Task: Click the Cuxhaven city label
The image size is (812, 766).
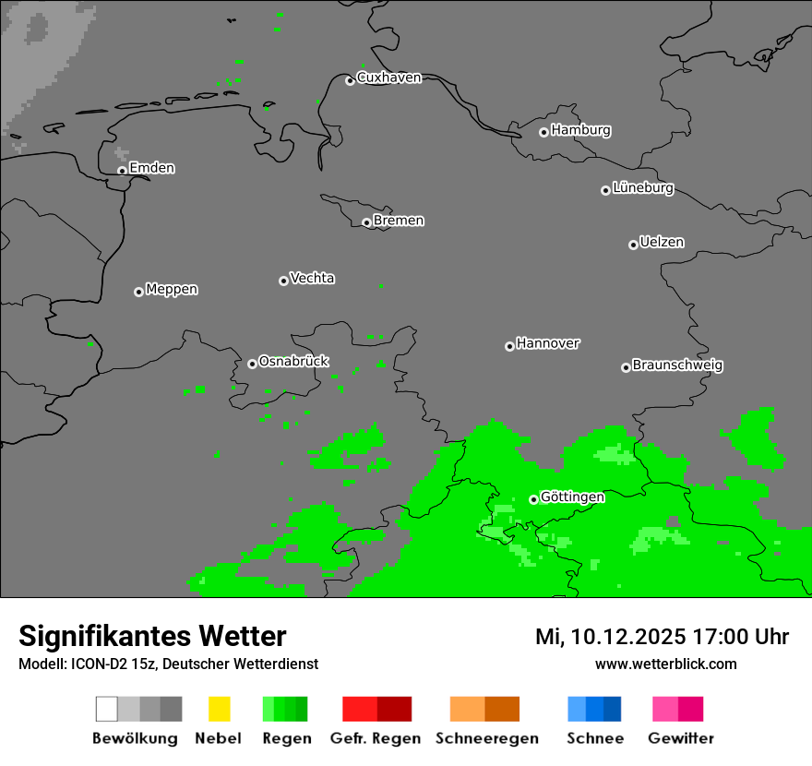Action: (x=388, y=78)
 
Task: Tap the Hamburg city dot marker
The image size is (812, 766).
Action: (x=543, y=132)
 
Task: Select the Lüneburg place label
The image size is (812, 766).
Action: (x=642, y=188)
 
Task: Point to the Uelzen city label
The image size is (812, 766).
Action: (x=662, y=243)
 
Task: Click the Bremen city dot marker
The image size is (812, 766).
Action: (x=366, y=222)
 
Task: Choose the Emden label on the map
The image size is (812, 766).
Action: (x=151, y=168)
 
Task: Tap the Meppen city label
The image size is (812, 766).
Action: (x=172, y=290)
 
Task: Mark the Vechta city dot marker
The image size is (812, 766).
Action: (x=283, y=281)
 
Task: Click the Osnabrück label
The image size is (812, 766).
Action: (x=293, y=362)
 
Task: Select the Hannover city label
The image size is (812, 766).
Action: (x=548, y=343)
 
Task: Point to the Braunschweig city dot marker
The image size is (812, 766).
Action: (x=626, y=367)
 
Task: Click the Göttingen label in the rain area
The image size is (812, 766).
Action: (x=572, y=497)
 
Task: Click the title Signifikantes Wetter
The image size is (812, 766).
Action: (x=152, y=637)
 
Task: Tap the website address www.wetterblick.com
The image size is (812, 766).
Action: (x=665, y=664)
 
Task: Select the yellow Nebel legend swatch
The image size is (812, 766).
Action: (x=219, y=709)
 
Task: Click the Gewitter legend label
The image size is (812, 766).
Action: (x=681, y=738)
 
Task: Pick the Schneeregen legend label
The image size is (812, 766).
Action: (x=487, y=738)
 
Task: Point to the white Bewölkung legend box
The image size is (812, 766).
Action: (x=107, y=709)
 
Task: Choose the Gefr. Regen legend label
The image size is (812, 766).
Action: (x=376, y=738)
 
